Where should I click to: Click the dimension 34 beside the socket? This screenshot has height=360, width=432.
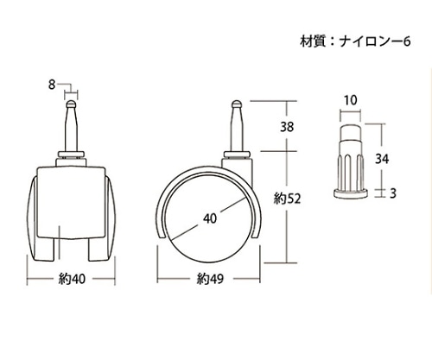(x=384, y=159)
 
